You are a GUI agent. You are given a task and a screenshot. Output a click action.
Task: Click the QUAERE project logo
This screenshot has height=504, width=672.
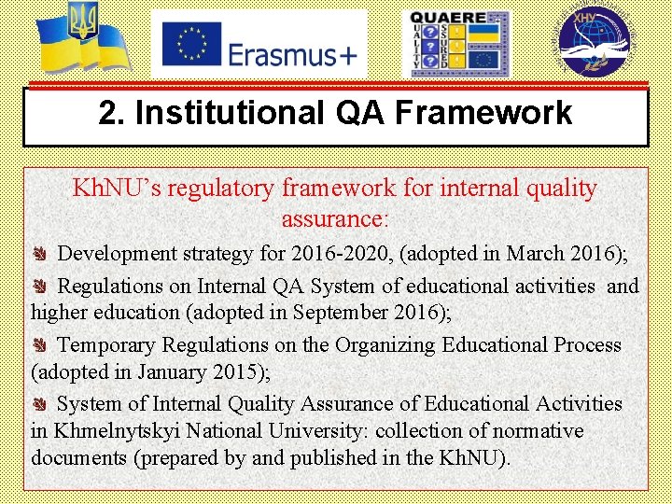point(456,44)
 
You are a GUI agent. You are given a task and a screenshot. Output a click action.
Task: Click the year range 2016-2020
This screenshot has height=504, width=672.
point(340,254)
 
